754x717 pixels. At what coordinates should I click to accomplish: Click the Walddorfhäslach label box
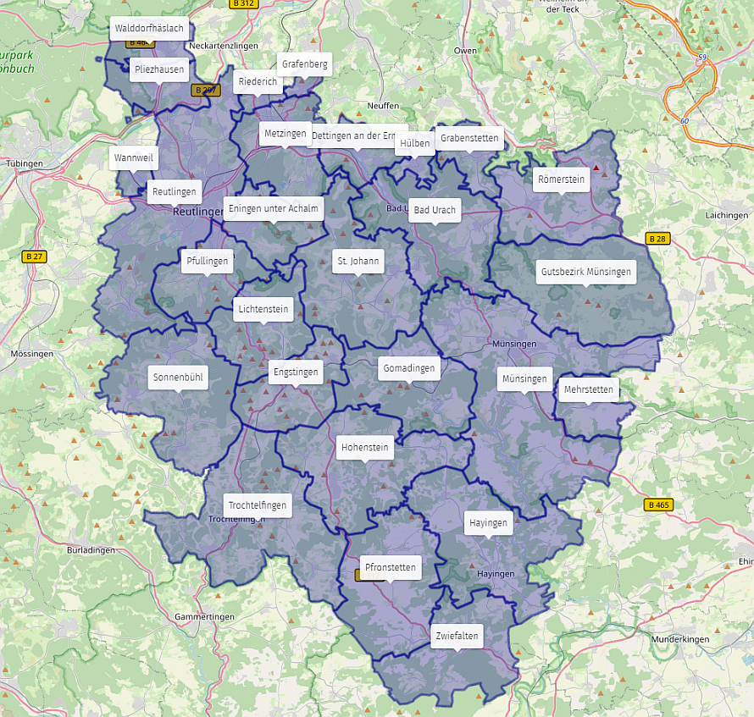point(148,28)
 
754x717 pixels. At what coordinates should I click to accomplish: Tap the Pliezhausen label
point(159,69)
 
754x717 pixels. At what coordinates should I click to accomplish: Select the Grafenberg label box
point(304,63)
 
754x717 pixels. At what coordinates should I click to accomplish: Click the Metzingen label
point(285,134)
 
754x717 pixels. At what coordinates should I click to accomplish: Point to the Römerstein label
point(561,179)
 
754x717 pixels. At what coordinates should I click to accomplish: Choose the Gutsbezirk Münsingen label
point(585,272)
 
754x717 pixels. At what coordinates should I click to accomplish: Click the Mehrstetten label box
point(587,390)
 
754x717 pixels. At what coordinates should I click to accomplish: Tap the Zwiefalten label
point(457,636)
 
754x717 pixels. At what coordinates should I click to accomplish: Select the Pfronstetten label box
point(390,567)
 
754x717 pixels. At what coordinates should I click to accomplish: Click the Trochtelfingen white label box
point(258,505)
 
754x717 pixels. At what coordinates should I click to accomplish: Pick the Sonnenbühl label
point(178,377)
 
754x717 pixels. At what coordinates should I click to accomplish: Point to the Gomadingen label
point(409,368)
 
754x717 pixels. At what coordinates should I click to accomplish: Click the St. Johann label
point(358,261)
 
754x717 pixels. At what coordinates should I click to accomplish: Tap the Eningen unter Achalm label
point(273,209)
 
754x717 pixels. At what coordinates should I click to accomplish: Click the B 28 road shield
point(657,239)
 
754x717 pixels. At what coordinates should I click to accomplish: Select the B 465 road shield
point(657,505)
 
